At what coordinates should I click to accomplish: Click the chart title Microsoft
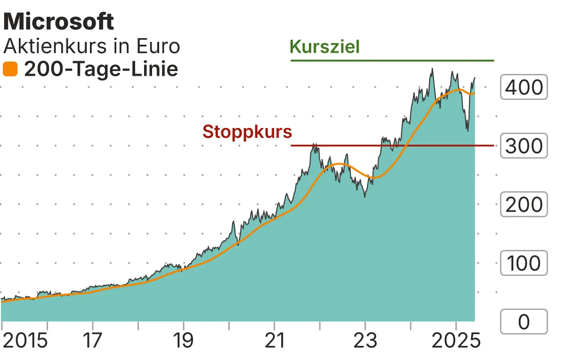tap(58, 22)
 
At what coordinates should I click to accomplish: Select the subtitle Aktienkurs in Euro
tap(92, 47)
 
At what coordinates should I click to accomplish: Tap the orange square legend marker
tap(10, 70)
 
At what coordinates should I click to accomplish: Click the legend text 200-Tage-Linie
tap(101, 70)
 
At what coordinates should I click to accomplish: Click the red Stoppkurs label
tap(247, 132)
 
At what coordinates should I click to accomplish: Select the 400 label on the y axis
tap(524, 87)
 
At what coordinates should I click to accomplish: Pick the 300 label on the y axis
tap(524, 146)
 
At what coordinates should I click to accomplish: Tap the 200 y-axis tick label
tap(524, 205)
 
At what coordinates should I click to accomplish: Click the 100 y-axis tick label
tap(524, 263)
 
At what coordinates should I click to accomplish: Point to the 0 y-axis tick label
tap(524, 322)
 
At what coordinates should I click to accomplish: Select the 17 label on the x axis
tap(93, 341)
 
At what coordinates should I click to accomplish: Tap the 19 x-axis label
tap(184, 341)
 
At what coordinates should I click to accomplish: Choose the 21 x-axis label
tap(274, 341)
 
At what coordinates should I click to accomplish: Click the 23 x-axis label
tap(365, 341)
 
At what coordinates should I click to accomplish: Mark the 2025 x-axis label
tap(456, 341)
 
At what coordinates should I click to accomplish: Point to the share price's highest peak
tap(431, 69)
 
